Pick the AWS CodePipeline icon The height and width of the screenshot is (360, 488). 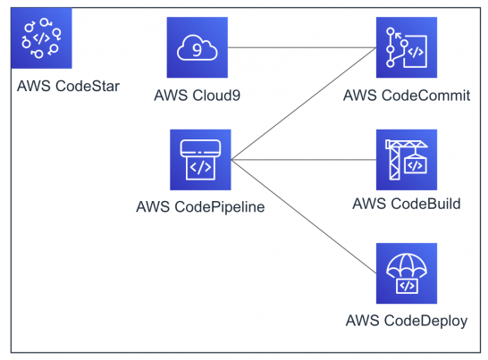[199, 160]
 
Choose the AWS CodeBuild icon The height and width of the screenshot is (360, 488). [406, 160]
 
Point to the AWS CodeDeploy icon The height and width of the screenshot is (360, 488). [406, 272]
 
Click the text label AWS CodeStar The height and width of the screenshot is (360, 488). [68, 87]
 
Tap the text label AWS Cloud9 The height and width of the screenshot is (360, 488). [198, 95]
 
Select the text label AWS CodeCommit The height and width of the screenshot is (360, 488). [406, 95]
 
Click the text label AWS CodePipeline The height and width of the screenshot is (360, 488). [200, 206]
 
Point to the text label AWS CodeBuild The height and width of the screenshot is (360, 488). [406, 204]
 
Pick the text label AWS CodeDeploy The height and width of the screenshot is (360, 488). [406, 319]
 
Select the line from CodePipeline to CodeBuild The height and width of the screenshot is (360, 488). [304, 161]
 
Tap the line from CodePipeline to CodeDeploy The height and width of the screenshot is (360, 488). [304, 217]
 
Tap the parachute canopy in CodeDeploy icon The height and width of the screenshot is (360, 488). [406, 263]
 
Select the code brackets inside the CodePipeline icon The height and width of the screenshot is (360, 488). [200, 166]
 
